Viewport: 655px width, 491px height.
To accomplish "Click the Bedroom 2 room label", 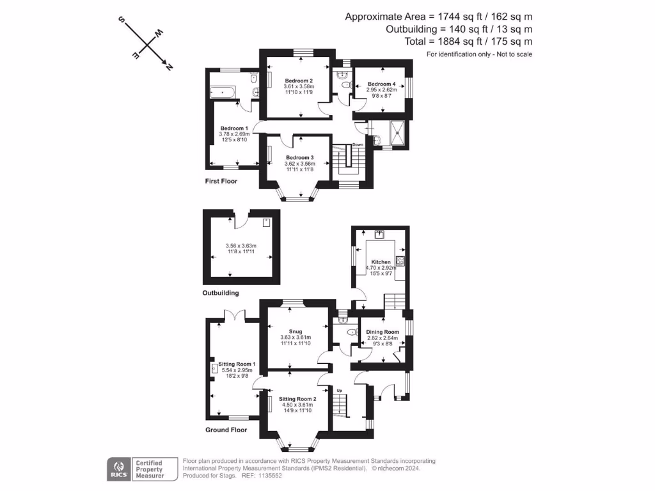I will tap(299, 80).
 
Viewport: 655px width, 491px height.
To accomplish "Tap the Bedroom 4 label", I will tap(381, 84).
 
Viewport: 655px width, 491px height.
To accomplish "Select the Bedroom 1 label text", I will tap(233, 128).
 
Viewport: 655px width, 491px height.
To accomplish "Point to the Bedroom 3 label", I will tap(299, 157).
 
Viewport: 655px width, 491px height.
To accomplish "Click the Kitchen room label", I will tap(381, 262).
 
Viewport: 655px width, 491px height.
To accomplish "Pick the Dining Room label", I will tap(383, 332).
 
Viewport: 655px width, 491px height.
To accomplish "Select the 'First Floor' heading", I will tap(221, 181).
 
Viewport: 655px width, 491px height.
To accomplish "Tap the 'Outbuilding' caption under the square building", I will tap(221, 293).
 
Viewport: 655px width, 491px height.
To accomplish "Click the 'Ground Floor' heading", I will tap(226, 430).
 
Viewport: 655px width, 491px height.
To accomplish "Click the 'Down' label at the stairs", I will tap(358, 144).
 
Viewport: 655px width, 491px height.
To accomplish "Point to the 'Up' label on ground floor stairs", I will tap(340, 390).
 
